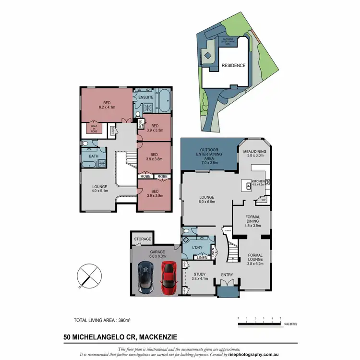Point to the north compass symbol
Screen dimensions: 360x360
89,276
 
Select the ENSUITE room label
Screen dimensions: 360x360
145,97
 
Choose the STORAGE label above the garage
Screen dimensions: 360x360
143,239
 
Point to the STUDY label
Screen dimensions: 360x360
199,275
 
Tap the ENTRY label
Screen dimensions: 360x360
227,275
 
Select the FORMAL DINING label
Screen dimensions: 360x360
252,219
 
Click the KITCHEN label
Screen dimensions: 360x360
258,180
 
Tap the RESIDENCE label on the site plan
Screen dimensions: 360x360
233,66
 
